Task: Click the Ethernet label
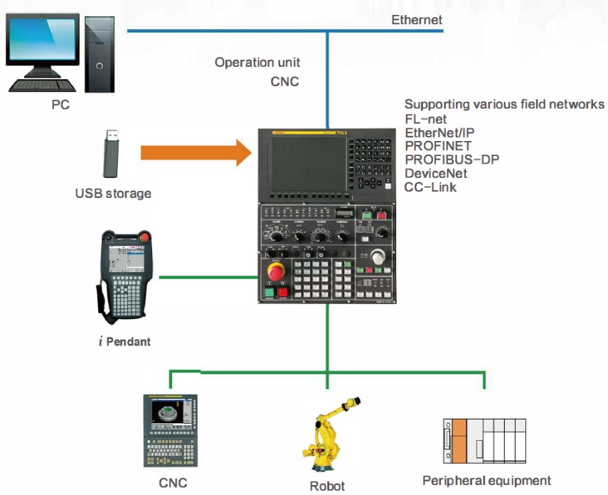pyautogui.click(x=417, y=19)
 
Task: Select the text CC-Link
pyautogui.click(x=430, y=187)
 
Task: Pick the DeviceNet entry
pyautogui.click(x=436, y=173)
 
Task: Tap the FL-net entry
pyautogui.click(x=426, y=119)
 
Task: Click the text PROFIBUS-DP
pyautogui.click(x=452, y=160)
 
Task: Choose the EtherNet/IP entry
pyautogui.click(x=439, y=132)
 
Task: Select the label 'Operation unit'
pyautogui.click(x=257, y=63)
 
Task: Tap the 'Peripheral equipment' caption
pyautogui.click(x=486, y=481)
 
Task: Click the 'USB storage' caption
pyautogui.click(x=113, y=193)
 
